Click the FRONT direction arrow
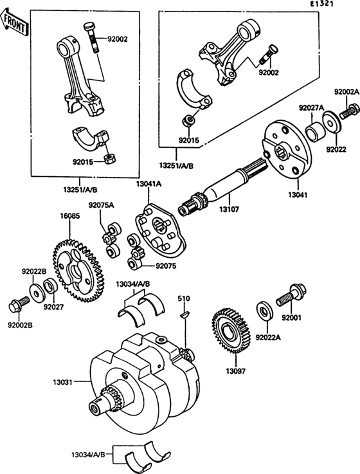pyautogui.click(x=14, y=23)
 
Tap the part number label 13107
pyautogui.click(x=229, y=209)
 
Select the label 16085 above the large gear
pyautogui.click(x=70, y=216)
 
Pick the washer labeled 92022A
pyautogui.click(x=265, y=311)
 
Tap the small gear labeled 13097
pyautogui.click(x=231, y=331)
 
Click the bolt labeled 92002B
pyautogui.click(x=19, y=305)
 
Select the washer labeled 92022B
pyautogui.click(x=37, y=293)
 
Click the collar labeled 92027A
pyautogui.click(x=314, y=131)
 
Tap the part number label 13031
pyautogui.click(x=63, y=382)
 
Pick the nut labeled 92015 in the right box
pyautogui.click(x=189, y=120)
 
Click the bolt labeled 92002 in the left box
pyautogui.click(x=91, y=37)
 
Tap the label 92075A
pyautogui.click(x=102, y=205)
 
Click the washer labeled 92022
pyautogui.click(x=332, y=122)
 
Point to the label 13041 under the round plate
pyautogui.click(x=298, y=195)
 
